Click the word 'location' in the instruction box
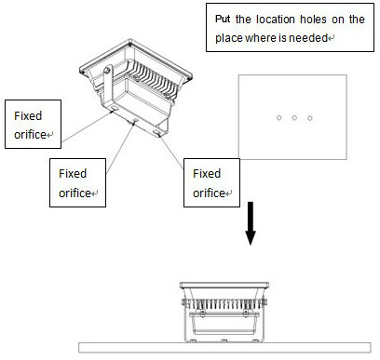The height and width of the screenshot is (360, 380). (276, 20)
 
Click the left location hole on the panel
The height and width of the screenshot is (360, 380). (278, 118)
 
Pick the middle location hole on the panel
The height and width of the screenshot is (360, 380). (294, 118)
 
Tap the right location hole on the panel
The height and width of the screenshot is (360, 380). (309, 118)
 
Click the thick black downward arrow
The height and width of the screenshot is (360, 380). (251, 223)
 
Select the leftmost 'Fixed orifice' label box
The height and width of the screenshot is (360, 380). (33, 124)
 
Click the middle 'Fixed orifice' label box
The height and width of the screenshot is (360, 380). (77, 182)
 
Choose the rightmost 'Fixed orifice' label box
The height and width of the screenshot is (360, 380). (211, 182)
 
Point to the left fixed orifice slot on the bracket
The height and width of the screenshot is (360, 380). (115, 108)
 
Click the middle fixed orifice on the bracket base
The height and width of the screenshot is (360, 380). (135, 120)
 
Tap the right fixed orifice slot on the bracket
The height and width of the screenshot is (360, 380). (156, 133)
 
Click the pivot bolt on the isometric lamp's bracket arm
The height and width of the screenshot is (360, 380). (107, 71)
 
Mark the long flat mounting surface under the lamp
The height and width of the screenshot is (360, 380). (224, 348)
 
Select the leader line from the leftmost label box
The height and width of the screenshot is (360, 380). (87, 127)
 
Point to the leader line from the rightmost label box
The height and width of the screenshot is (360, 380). (171, 152)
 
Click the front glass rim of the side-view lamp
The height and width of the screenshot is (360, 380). (224, 285)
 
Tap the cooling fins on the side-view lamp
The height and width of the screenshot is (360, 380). (224, 304)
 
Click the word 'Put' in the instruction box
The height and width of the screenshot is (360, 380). (223, 20)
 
